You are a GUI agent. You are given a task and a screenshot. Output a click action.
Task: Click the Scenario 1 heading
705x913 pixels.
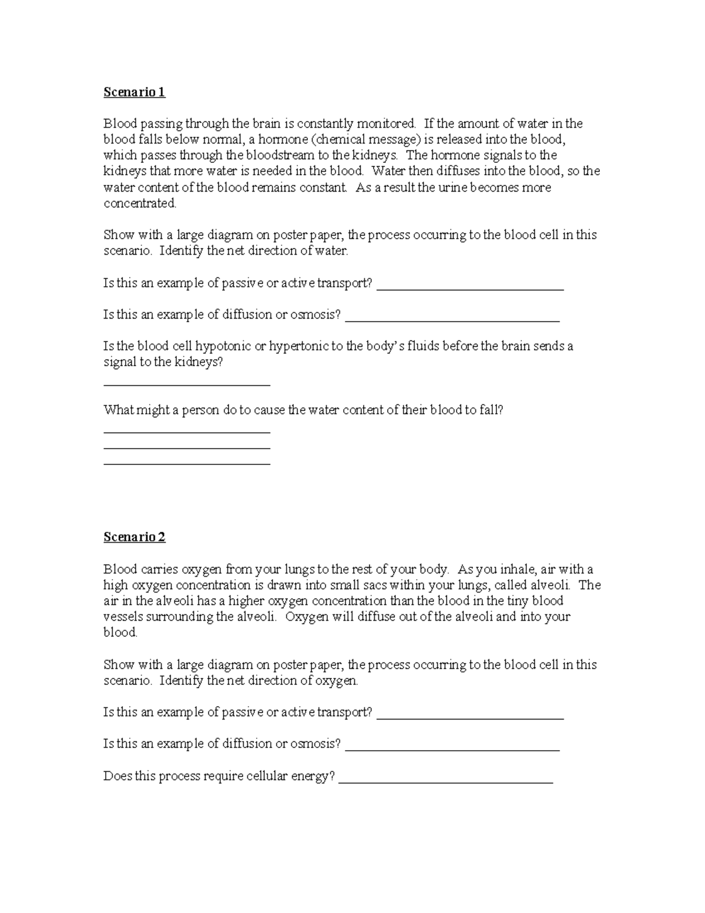[x=135, y=92]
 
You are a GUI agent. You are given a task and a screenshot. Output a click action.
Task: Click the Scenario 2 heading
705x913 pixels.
[x=135, y=537]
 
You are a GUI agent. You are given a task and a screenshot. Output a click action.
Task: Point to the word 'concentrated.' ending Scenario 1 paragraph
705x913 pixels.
[x=140, y=203]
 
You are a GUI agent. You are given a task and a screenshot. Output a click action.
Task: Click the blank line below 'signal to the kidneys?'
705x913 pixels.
[x=186, y=384]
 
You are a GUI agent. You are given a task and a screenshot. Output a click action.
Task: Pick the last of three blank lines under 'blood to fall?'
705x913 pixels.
[x=186, y=464]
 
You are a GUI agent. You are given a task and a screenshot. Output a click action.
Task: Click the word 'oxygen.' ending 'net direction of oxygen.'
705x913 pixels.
[x=337, y=681]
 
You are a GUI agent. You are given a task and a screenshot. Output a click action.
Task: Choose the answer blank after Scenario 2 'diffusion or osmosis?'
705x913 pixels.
[x=452, y=748]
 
